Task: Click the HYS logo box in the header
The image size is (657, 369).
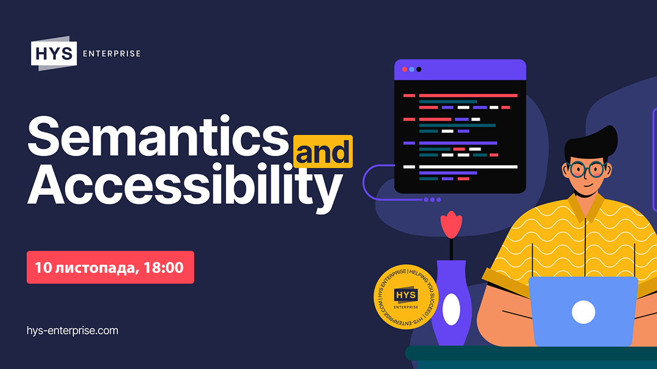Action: [54, 54]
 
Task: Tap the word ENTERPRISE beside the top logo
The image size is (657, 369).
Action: [112, 54]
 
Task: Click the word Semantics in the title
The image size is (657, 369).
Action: [158, 136]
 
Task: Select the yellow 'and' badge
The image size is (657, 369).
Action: [323, 151]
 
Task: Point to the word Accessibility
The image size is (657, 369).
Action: [185, 188]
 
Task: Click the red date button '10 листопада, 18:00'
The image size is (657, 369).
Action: [110, 267]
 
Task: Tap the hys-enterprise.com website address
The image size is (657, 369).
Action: [72, 331]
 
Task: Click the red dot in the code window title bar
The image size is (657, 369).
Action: [405, 69]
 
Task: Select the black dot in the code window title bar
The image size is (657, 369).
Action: [419, 69]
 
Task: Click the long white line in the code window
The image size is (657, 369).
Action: [468, 167]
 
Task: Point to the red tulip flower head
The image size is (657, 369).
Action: [451, 225]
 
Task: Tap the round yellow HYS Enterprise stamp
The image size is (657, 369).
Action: [406, 297]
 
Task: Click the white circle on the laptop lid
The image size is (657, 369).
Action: [584, 312]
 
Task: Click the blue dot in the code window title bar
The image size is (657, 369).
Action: [412, 69]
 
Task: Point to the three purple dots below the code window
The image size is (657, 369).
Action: [433, 200]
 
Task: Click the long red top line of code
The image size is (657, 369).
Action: [468, 96]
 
